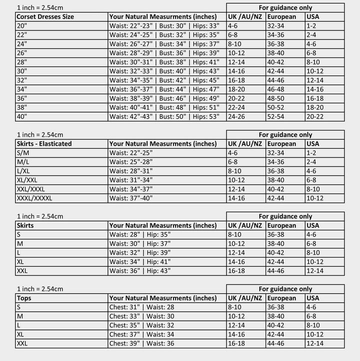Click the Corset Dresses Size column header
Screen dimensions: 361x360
tap(45, 16)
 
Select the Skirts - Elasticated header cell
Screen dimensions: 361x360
tap(44, 143)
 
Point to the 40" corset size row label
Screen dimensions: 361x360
tap(22, 116)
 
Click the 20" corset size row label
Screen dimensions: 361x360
tap(22, 25)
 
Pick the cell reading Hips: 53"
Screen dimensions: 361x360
tap(206, 116)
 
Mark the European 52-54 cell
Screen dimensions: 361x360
tap(275, 116)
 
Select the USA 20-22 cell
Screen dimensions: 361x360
tap(315, 116)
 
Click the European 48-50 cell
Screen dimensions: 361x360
tap(275, 98)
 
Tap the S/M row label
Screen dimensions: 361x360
tap(22, 152)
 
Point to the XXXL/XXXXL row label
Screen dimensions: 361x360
tap(34, 198)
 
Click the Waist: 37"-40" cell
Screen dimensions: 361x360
tap(131, 198)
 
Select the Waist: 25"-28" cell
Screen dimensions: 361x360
tap(131, 161)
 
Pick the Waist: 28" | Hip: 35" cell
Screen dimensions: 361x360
tap(140, 234)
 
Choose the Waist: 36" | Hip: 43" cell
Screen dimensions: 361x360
tap(140, 270)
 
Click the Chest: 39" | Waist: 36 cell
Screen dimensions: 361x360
tap(141, 343)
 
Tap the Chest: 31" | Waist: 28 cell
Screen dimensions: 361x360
tap(141, 307)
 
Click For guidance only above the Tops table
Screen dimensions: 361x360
tap(285, 289)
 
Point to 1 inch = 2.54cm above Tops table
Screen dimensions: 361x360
tap(40, 289)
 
